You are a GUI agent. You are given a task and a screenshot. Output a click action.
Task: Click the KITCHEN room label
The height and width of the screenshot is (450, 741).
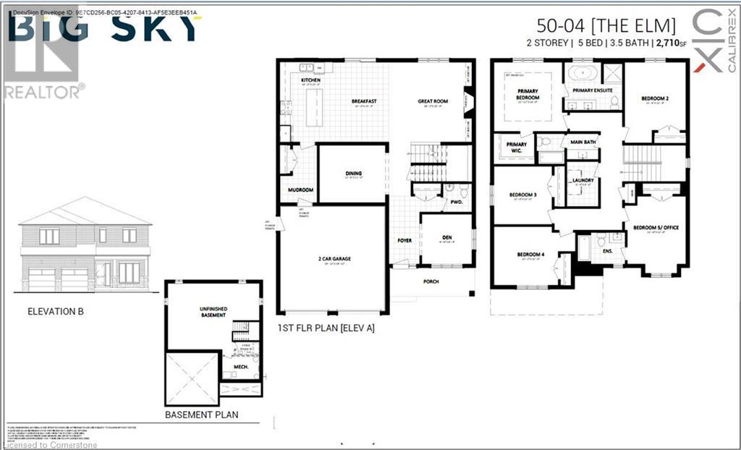(x=311, y=80)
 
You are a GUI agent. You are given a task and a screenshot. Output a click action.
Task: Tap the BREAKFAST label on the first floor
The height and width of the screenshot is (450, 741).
(x=364, y=101)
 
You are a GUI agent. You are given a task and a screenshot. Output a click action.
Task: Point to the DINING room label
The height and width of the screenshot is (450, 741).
(x=353, y=174)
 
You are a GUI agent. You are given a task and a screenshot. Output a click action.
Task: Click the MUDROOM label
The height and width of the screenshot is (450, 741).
(x=300, y=190)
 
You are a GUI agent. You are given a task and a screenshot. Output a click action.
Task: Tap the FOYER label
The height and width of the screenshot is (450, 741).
(x=404, y=240)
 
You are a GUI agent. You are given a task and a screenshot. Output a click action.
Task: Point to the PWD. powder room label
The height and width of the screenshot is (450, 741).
(x=456, y=202)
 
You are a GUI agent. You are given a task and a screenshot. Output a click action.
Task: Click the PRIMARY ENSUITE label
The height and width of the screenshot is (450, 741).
(x=593, y=90)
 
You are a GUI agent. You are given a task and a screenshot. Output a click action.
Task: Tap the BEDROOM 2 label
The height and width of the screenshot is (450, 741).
(x=655, y=98)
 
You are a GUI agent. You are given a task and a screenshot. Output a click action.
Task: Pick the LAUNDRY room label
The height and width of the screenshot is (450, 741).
(x=583, y=180)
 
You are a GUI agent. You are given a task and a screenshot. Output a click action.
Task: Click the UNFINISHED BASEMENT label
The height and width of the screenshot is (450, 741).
(x=213, y=312)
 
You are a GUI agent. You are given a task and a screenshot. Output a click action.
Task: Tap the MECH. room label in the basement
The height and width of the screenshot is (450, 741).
(x=241, y=367)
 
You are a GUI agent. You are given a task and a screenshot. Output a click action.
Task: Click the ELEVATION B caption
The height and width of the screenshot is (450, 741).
(x=61, y=313)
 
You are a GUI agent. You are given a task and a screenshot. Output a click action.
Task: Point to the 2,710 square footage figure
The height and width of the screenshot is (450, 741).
(x=669, y=43)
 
